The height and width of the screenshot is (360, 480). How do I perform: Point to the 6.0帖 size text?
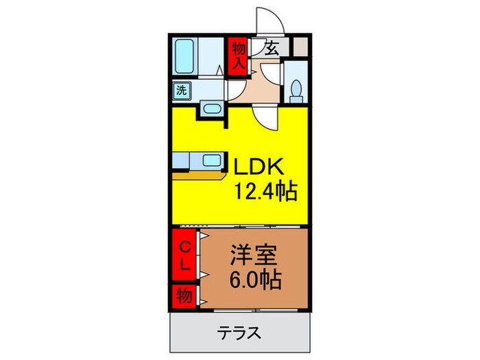click(x=254, y=280)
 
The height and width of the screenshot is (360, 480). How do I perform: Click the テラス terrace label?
click(x=239, y=333)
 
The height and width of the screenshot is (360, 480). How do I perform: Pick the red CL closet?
click(x=184, y=255)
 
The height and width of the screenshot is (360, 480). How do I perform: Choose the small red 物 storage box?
click(x=184, y=296)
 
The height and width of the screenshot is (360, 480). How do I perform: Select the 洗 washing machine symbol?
click(x=182, y=89)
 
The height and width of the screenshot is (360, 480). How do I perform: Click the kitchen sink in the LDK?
click(x=211, y=162)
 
